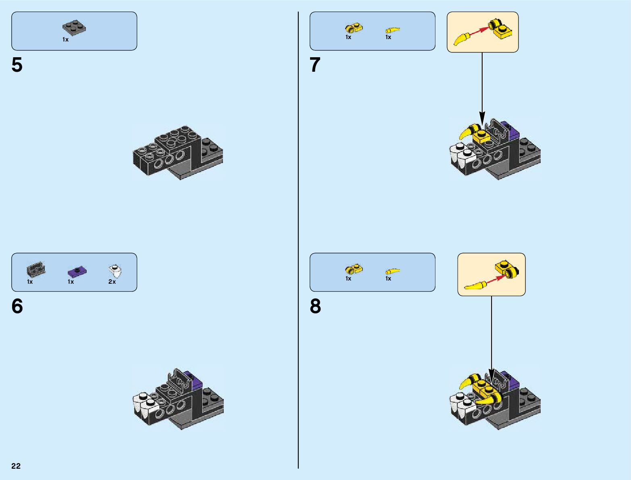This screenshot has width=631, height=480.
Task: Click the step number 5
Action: point(17,65)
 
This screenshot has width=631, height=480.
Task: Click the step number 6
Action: point(17,306)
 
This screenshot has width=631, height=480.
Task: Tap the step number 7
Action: point(315,65)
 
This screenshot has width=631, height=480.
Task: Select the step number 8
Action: point(315,306)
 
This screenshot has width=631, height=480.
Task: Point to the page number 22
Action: point(16,466)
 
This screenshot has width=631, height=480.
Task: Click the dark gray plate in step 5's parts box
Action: point(74,28)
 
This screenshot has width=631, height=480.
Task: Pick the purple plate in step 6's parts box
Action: point(77,271)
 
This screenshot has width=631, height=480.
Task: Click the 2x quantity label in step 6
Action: point(112,282)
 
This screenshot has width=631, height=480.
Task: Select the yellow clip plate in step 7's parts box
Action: point(354,28)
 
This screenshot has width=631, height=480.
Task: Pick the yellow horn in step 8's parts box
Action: point(393,271)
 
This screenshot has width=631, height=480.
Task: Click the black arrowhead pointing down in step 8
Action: point(491,374)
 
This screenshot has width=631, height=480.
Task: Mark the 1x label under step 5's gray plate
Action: point(65,39)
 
